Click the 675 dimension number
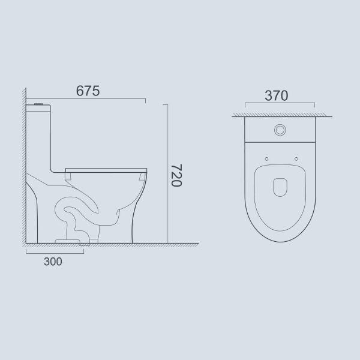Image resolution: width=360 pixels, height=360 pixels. point(88,91)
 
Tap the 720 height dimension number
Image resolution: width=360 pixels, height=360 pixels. point(176,175)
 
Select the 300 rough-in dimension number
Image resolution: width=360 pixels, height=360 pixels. point(53,262)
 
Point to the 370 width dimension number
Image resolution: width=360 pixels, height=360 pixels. point(277,96)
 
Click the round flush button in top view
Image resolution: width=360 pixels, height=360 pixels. point(280,130)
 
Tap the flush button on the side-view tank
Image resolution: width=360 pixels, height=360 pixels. point(38,104)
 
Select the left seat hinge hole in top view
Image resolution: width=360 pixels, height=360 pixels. point(266,159)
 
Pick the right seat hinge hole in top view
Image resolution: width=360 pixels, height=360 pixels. point(296,159)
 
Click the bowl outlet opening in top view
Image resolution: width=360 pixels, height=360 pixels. point(280,187)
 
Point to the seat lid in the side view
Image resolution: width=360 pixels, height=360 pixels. point(106,170)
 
